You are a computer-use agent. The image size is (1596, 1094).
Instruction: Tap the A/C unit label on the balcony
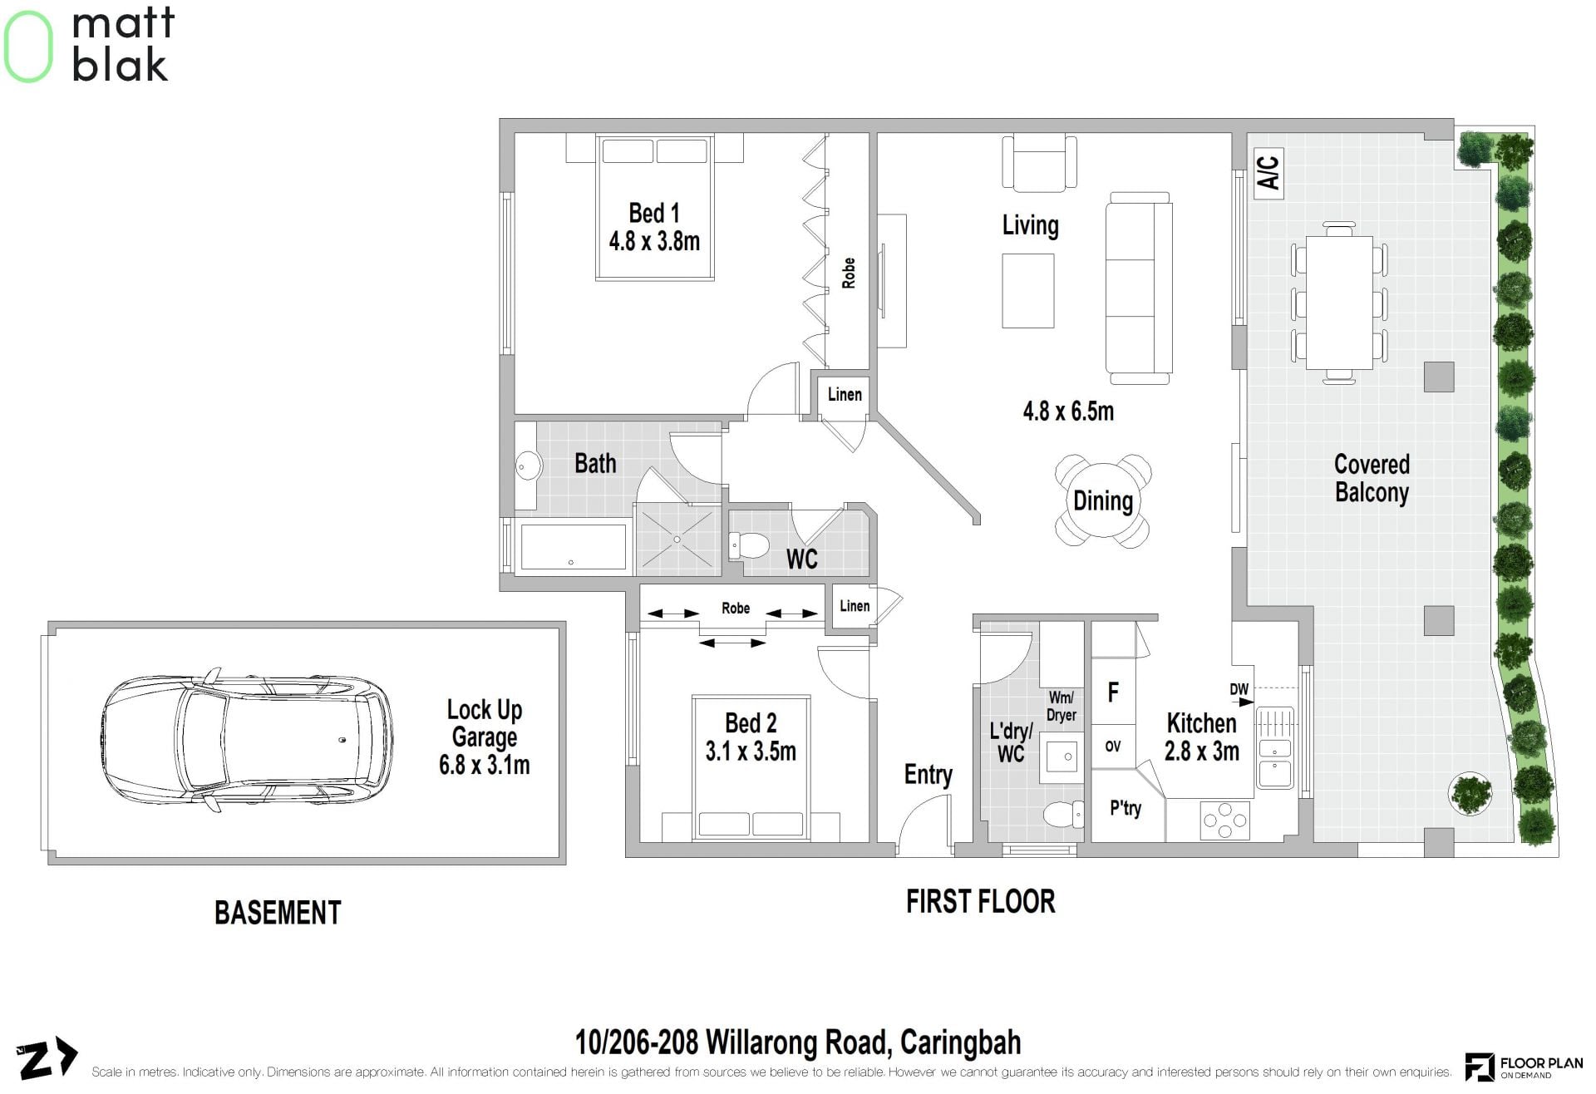(x=1268, y=173)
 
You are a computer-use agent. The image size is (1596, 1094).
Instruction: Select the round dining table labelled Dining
(x=1103, y=501)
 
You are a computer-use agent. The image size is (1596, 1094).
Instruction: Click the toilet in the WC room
(x=750, y=546)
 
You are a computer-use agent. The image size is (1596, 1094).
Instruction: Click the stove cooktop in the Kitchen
(x=1225, y=820)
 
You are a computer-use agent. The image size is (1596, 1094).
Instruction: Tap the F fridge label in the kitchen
(x=1113, y=692)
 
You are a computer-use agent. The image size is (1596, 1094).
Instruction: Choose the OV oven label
(x=1113, y=747)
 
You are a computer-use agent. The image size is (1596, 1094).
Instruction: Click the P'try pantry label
(x=1126, y=808)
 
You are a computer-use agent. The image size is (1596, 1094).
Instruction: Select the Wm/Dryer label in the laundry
(x=1062, y=707)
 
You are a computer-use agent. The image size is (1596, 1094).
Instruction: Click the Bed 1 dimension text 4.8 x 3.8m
(x=654, y=241)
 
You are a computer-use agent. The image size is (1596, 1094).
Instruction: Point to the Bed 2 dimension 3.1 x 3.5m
(x=751, y=752)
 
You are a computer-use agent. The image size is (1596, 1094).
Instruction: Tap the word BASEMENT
(x=278, y=913)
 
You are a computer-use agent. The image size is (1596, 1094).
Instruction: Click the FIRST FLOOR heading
(x=981, y=902)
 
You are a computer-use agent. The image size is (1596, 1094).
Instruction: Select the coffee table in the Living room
(x=1028, y=291)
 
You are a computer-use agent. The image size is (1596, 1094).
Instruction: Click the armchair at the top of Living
(x=1039, y=163)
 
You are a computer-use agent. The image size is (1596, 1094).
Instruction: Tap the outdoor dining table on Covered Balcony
(x=1339, y=303)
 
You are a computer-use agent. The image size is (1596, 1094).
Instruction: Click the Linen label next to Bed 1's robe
(x=845, y=395)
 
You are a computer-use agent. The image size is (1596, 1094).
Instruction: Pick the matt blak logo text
(x=123, y=44)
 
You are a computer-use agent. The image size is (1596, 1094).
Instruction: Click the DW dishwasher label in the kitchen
(x=1239, y=689)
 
